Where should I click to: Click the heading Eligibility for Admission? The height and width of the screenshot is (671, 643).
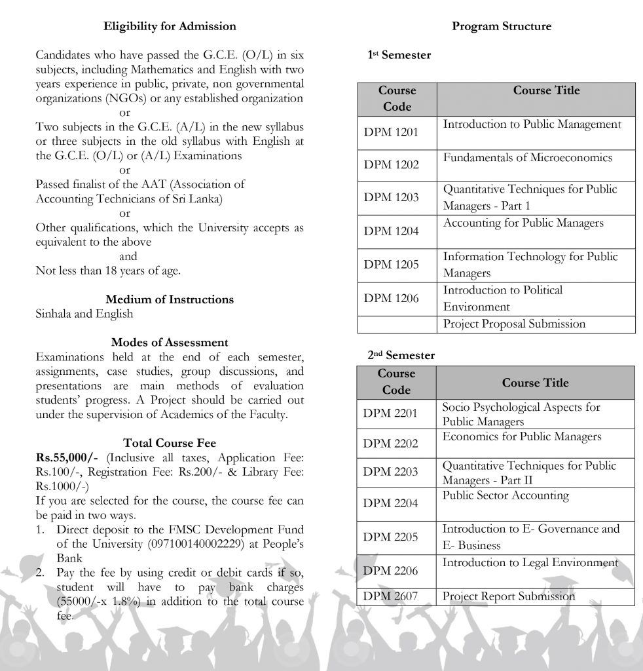(170, 26)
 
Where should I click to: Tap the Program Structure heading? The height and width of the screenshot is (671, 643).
(502, 26)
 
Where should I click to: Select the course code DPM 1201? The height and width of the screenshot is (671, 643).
(391, 133)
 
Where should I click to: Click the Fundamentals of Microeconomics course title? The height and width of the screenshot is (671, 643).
(528, 158)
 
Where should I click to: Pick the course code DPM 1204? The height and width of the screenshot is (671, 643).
(391, 231)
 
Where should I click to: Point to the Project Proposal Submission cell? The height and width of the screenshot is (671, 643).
(514, 324)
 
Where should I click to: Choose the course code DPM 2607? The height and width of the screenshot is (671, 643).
(391, 596)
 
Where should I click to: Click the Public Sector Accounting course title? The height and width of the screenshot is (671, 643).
(506, 495)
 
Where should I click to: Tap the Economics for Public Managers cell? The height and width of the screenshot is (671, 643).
(522, 437)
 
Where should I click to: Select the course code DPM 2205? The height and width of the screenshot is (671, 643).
(391, 537)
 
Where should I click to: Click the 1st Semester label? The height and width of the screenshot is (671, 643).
(399, 55)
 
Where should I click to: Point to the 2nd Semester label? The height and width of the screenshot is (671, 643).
(401, 355)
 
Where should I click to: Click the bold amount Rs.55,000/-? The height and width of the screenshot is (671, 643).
(67, 457)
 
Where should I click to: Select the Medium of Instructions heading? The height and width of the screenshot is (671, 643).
(170, 299)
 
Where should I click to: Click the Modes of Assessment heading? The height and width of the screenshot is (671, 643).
(170, 342)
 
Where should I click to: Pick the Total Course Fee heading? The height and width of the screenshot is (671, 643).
(170, 443)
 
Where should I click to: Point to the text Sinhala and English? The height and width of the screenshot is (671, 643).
(84, 314)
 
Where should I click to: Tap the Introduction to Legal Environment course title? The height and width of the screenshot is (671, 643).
(530, 562)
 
